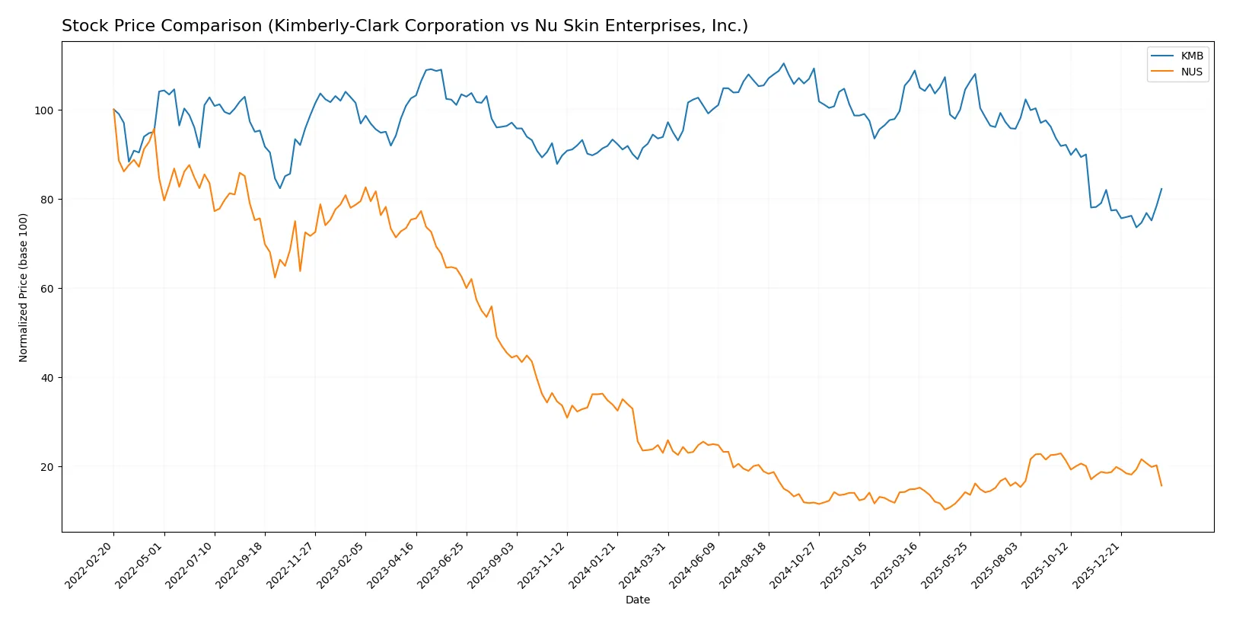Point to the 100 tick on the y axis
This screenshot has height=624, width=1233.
coord(43,110)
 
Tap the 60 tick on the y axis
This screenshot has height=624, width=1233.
coord(46,289)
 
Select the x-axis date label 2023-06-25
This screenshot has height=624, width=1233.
coord(444,565)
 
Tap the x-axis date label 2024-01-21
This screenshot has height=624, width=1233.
coord(594,565)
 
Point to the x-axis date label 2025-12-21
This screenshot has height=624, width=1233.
coord(1098,565)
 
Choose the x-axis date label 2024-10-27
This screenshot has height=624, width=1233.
coord(796,565)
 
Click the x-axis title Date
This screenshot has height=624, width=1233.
coord(637,600)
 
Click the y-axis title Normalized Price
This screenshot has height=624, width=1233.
coord(24,287)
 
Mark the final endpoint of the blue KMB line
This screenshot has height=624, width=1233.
coord(1161,189)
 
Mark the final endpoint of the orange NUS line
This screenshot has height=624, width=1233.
coord(1161,485)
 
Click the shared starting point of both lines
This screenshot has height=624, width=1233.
coord(113,110)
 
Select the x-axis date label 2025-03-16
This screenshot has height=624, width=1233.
coord(897,565)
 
